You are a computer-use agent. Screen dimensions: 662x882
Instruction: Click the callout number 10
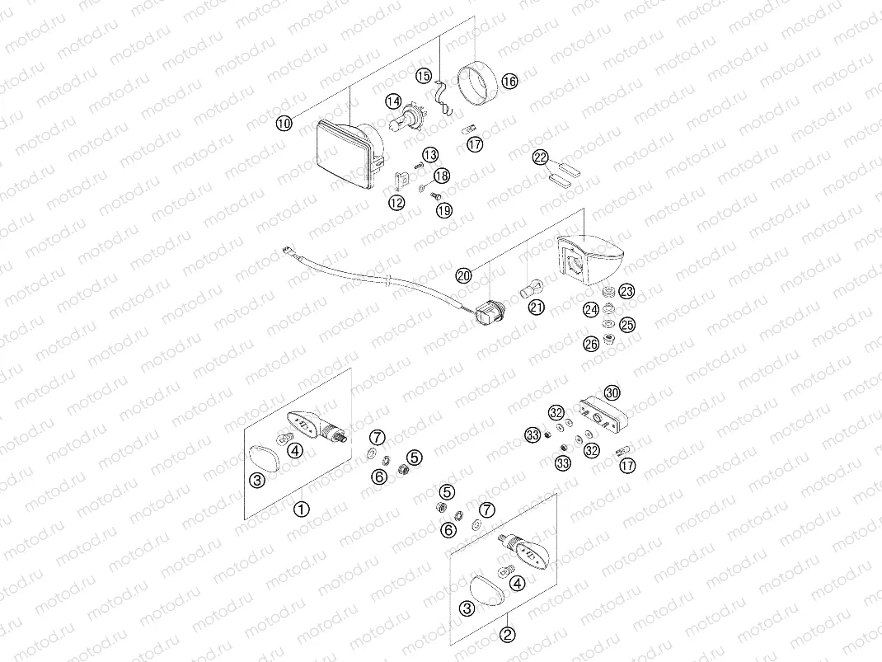(x=284, y=124)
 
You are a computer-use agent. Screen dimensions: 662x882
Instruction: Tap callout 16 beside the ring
(x=509, y=81)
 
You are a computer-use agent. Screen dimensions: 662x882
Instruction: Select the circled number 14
(x=393, y=101)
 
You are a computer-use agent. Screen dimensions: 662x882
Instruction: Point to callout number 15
(x=423, y=76)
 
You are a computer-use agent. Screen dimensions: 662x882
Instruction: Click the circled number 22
(x=540, y=157)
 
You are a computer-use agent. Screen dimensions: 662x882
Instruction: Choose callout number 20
(x=463, y=275)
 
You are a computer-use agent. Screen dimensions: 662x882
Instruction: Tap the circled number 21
(x=537, y=308)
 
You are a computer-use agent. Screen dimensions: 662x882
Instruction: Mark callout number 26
(x=590, y=343)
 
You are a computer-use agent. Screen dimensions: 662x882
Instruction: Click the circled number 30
(x=611, y=392)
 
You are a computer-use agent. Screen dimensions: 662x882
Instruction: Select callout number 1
(x=302, y=509)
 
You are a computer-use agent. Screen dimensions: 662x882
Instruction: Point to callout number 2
(x=508, y=635)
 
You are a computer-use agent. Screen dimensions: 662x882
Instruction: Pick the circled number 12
(x=397, y=201)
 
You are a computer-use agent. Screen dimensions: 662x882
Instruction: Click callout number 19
(x=444, y=211)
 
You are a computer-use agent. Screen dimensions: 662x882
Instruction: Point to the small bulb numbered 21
(x=531, y=289)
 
